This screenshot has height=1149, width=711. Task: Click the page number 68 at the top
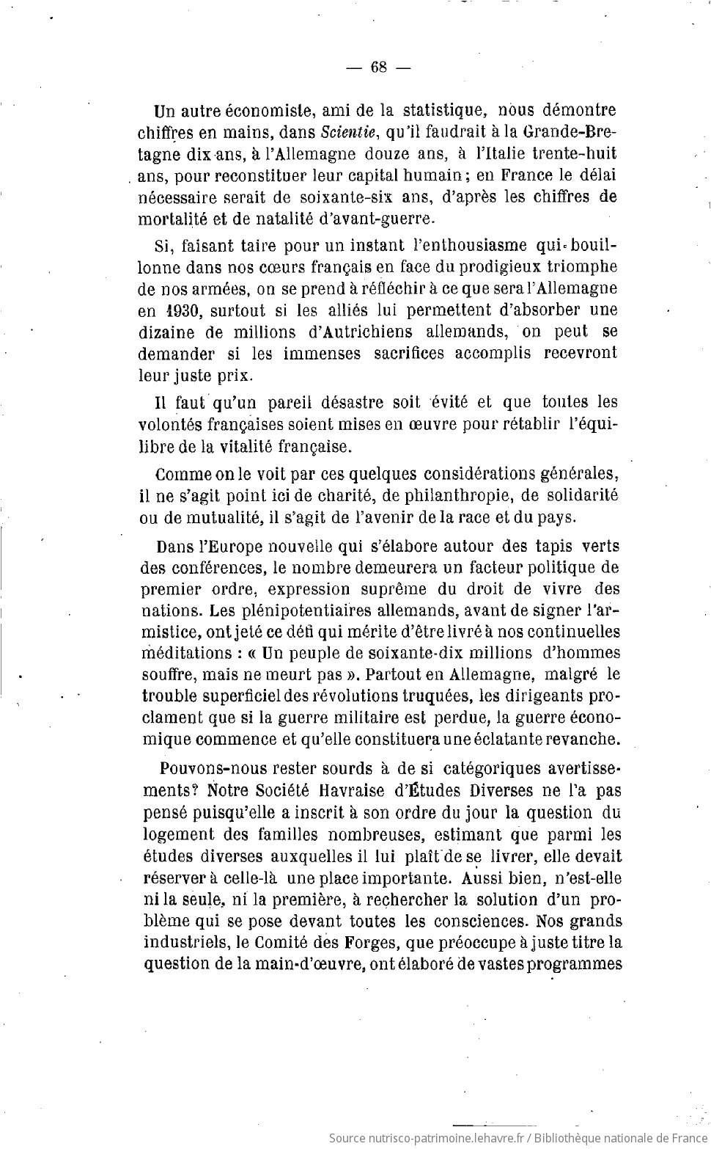(x=379, y=68)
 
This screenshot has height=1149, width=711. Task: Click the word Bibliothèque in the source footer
(x=575, y=1138)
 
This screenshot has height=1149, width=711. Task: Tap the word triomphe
(x=578, y=267)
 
